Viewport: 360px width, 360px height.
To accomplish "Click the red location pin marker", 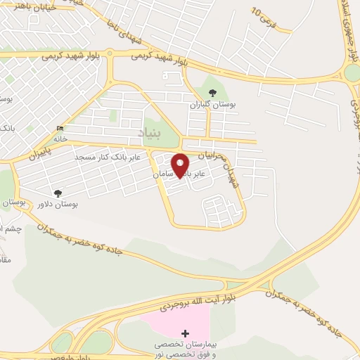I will [181, 165].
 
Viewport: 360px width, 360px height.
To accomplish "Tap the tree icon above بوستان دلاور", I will [58, 193].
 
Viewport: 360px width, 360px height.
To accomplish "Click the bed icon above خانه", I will [60, 128].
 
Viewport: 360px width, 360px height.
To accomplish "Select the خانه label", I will [60, 139].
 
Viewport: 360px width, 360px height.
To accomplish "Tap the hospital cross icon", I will [185, 333].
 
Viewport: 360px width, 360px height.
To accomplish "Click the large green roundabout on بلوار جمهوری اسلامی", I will [352, 72].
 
